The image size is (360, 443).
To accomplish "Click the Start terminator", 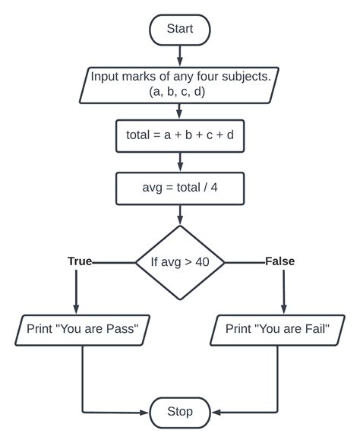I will [180, 29].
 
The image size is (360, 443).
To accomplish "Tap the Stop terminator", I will [180, 412].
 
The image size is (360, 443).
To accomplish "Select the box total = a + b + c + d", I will [180, 135].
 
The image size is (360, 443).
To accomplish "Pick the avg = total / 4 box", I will [180, 188].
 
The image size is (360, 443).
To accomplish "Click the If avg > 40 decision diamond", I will [180, 262].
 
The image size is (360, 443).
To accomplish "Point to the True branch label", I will [79, 261].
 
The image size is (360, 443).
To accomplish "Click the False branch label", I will [279, 261].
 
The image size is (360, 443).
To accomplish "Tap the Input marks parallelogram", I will [180, 83].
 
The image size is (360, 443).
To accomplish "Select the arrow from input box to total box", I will [180, 111].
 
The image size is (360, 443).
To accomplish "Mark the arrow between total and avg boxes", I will [180, 163].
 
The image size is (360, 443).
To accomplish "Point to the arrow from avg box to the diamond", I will [180, 215].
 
